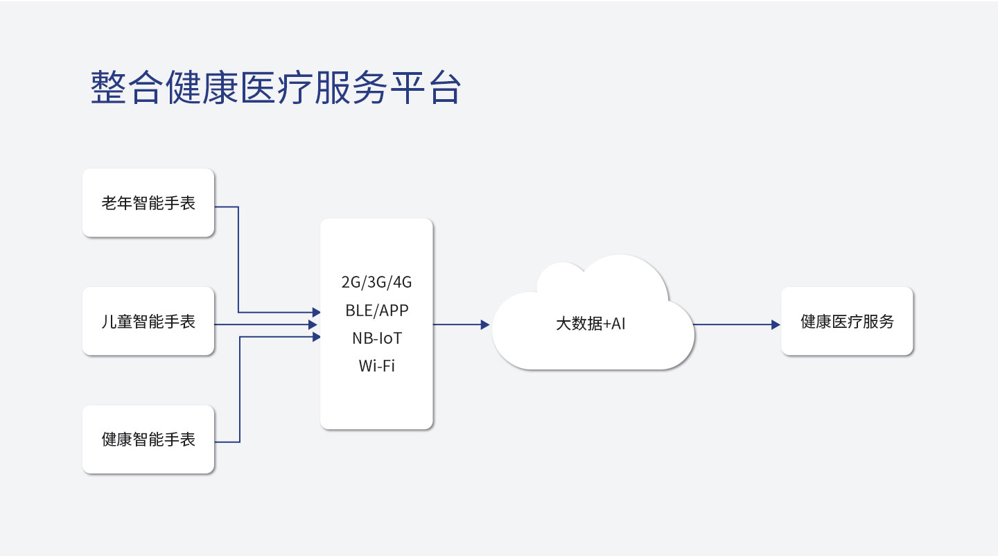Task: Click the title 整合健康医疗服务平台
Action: pyautogui.click(x=275, y=87)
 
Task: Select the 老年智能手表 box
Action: pyautogui.click(x=148, y=202)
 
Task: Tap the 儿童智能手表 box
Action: pyautogui.click(x=148, y=321)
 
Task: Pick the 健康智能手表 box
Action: pyautogui.click(x=148, y=440)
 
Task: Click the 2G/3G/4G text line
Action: pyautogui.click(x=376, y=283)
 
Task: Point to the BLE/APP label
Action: pyautogui.click(x=376, y=311)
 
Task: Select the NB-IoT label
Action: pyautogui.click(x=376, y=338)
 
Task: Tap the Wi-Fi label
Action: pyautogui.click(x=376, y=366)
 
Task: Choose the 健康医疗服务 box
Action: pyautogui.click(x=847, y=321)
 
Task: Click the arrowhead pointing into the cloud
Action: pyautogui.click(x=485, y=324)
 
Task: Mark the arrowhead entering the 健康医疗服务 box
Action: pyautogui.click(x=776, y=324)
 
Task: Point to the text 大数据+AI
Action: pyautogui.click(x=590, y=324)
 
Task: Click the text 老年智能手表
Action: pyautogui.click(x=148, y=203)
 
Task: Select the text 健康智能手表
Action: pyautogui.click(x=148, y=440)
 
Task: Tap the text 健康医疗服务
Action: pyautogui.click(x=847, y=322)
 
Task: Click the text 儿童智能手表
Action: pyautogui.click(x=148, y=322)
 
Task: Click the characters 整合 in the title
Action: pyautogui.click(x=127, y=87)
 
